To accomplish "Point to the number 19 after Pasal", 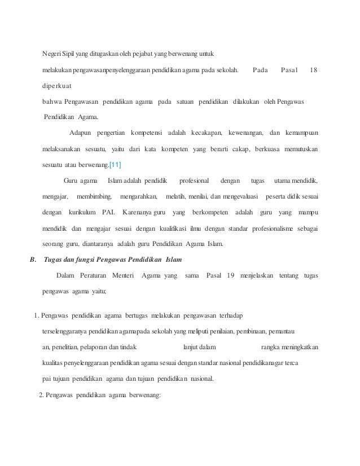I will coord(229,275).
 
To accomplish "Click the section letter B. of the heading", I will coord(32,260).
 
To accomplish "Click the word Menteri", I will coord(124,275).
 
